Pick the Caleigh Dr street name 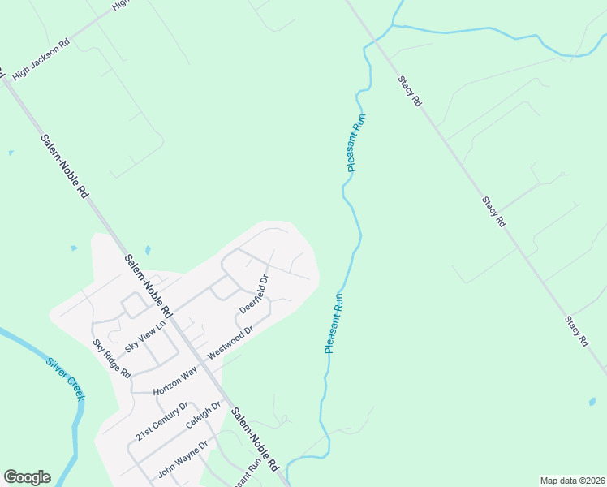click(203, 416)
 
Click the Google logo click(27, 477)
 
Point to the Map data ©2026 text click(572, 480)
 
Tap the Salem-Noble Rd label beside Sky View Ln click(149, 286)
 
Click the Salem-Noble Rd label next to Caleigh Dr click(255, 439)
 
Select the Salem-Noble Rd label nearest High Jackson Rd click(64, 166)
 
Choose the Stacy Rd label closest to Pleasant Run click(411, 91)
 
